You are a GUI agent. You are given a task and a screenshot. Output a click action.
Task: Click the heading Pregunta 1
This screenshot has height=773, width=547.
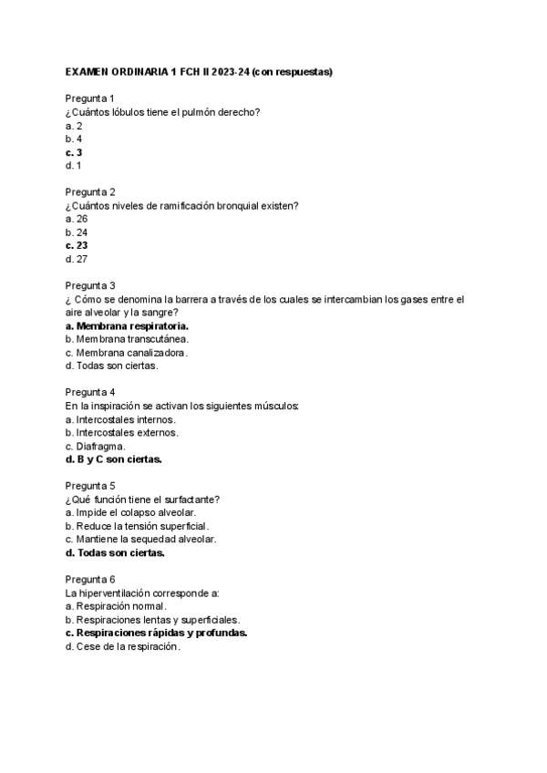(89, 98)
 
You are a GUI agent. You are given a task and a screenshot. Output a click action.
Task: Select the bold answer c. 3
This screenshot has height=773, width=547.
(74, 152)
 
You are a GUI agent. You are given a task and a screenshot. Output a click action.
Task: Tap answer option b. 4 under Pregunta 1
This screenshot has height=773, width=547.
(73, 139)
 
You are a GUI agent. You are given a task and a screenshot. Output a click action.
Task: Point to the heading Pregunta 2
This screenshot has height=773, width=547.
(89, 191)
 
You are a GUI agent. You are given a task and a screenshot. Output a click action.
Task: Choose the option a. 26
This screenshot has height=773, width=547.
(76, 219)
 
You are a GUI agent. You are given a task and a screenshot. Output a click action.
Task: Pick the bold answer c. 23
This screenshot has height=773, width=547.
(77, 245)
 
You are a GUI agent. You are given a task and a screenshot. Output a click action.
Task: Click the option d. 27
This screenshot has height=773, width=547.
(76, 259)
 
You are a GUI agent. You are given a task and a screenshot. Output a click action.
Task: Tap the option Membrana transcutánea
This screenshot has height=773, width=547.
(134, 339)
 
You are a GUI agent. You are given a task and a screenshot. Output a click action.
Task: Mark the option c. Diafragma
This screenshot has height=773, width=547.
(95, 446)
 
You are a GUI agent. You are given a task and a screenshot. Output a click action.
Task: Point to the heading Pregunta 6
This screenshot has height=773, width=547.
(89, 579)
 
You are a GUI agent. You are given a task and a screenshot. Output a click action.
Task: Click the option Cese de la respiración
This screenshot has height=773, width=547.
(128, 646)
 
